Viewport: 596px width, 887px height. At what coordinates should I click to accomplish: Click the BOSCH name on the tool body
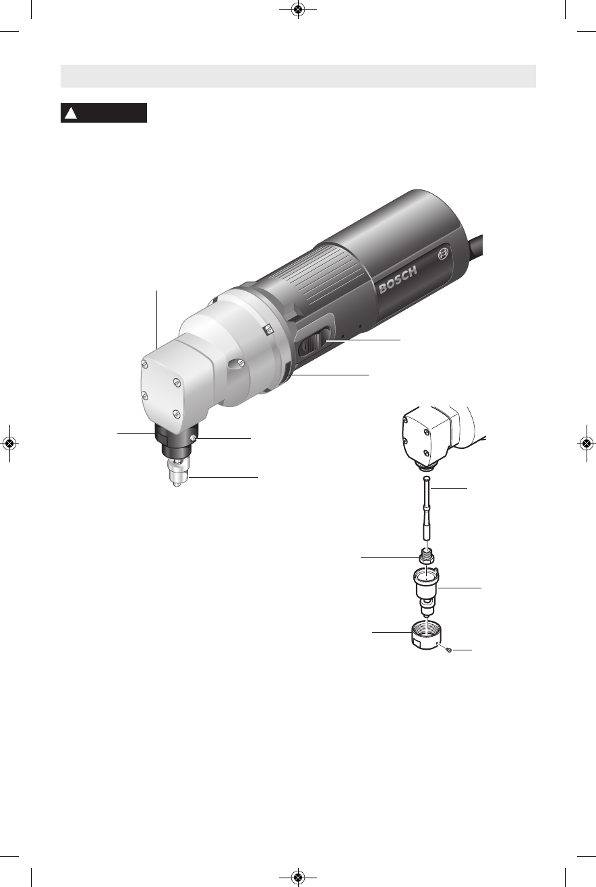398,280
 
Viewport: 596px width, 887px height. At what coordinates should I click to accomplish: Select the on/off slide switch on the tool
314,340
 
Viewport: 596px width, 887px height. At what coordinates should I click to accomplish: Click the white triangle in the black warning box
71,113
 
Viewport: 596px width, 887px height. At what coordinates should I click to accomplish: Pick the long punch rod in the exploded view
426,508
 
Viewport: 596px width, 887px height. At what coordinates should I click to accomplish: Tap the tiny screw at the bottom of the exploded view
448,649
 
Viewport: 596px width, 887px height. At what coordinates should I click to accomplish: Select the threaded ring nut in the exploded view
425,635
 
